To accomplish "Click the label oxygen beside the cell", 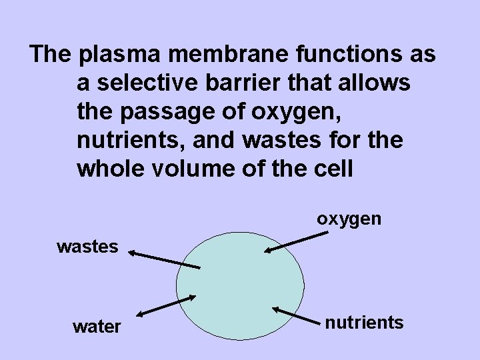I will click(349, 219).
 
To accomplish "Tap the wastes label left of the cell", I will click(87, 247).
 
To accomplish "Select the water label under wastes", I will click(97, 327).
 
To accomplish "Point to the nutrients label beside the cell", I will click(364, 323).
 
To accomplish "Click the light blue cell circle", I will click(240, 287).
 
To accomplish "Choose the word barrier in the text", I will click(252, 84).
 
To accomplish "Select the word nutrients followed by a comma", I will click(126, 141).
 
